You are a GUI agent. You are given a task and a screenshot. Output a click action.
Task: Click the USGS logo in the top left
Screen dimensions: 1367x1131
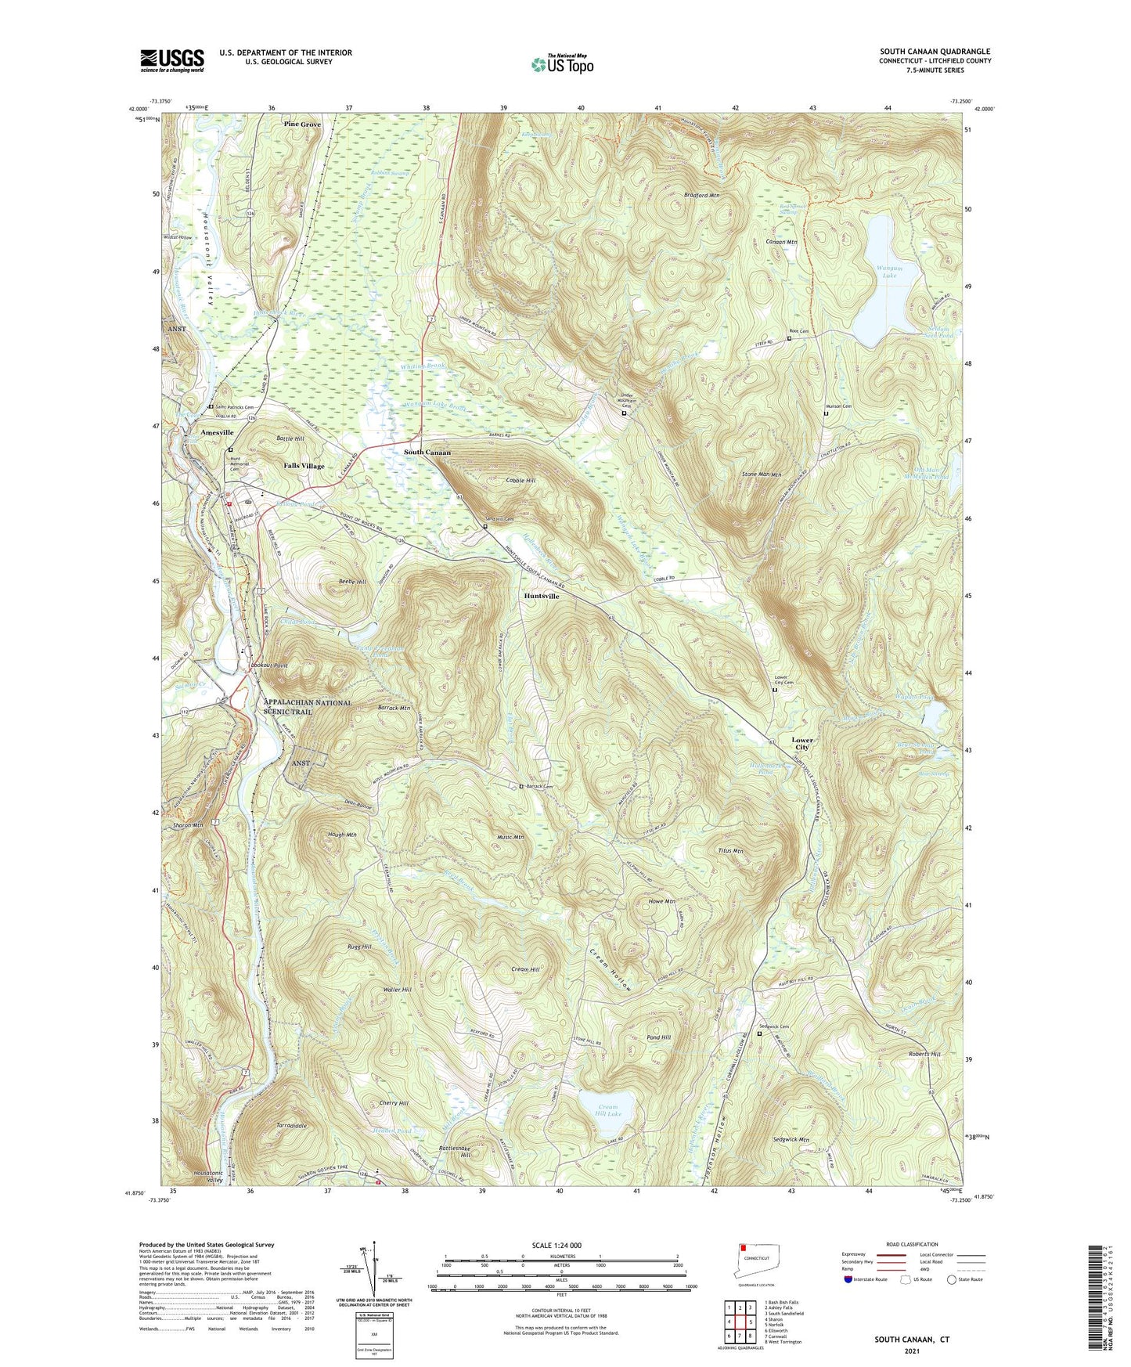[x=172, y=60]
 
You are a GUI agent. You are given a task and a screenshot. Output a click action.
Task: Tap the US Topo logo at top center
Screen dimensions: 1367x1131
[x=561, y=64]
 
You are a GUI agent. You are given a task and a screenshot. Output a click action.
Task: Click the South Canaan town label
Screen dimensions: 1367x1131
[x=427, y=453]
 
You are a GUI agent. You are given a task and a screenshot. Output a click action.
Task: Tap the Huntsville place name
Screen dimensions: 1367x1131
[x=541, y=596]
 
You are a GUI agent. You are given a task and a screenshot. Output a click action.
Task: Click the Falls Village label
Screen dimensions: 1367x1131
[x=303, y=466]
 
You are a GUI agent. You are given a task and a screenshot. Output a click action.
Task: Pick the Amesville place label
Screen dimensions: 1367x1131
[x=217, y=432]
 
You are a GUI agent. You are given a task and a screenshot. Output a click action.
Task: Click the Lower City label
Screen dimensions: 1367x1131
[x=802, y=743]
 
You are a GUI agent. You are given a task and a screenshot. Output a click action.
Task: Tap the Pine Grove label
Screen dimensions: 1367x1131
[x=302, y=124]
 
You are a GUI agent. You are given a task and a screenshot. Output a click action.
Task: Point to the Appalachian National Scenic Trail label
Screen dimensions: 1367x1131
[x=308, y=707]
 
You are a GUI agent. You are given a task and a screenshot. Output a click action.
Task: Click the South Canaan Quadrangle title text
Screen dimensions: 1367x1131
[x=935, y=52]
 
